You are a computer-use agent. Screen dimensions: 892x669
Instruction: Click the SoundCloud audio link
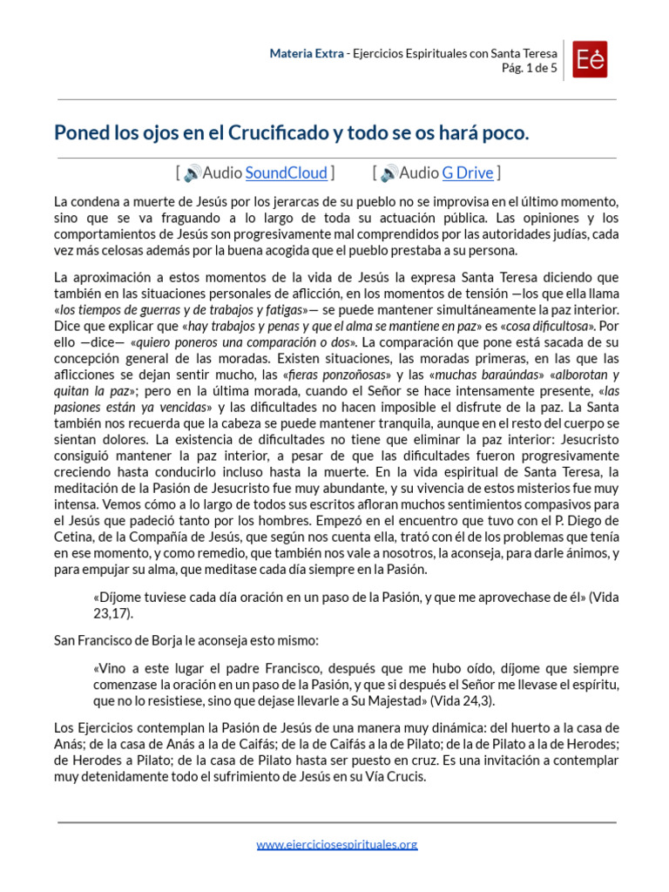287,172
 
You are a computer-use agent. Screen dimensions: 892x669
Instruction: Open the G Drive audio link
468,172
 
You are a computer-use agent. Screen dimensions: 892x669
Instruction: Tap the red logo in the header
590,59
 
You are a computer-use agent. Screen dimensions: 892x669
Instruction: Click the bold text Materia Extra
306,53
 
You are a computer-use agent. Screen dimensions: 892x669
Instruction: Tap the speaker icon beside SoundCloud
193,173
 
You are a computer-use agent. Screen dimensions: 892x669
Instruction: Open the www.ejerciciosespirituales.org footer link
337,843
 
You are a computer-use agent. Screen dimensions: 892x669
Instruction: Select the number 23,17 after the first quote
112,613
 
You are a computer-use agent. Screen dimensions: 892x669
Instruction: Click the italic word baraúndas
479,375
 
